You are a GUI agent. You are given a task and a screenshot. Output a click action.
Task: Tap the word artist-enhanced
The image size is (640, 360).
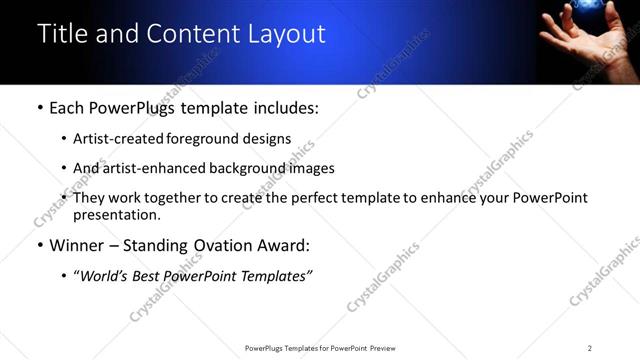point(153,168)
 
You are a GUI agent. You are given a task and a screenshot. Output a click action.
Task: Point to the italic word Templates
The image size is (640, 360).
point(276,276)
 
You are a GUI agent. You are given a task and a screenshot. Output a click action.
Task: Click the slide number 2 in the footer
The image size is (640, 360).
point(589,347)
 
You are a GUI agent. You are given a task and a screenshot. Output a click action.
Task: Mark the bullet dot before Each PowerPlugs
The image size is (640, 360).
point(39,108)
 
